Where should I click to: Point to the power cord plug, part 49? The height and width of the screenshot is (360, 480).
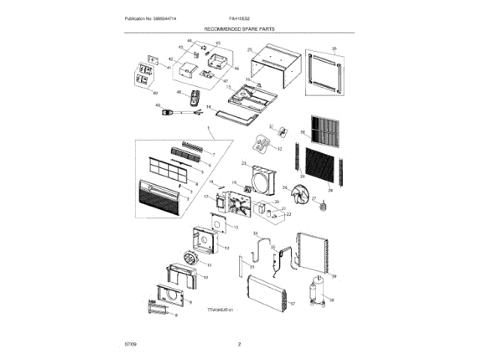(x=176, y=112)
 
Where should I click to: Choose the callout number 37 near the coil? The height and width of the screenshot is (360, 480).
(x=293, y=304)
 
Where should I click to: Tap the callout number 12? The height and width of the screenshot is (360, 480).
(x=226, y=247)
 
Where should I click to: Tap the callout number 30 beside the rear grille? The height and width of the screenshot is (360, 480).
(x=303, y=133)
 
